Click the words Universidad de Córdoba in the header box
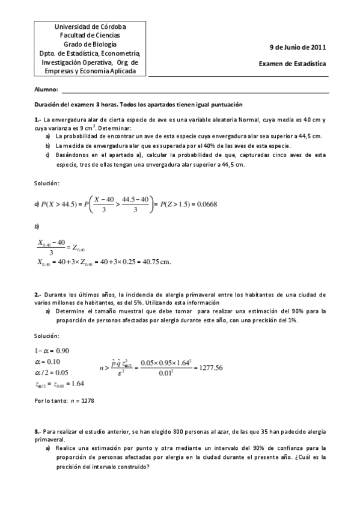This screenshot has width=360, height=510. pyautogui.click(x=90, y=27)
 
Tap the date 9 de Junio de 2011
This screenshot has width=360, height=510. pyautogui.click(x=297, y=47)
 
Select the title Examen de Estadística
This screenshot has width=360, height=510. pyautogui.click(x=293, y=62)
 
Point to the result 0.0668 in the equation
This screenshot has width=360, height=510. pyautogui.click(x=206, y=204)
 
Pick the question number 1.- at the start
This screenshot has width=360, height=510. pyautogui.click(x=37, y=119)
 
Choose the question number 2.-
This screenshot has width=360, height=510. pyautogui.click(x=37, y=294)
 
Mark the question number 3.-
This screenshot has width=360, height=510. pyautogui.click(x=37, y=432)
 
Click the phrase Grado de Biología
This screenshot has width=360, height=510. pyautogui.click(x=90, y=44)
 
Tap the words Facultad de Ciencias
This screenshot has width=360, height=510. pyautogui.click(x=90, y=35)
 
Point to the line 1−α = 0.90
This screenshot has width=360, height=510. pyautogui.click(x=52, y=351)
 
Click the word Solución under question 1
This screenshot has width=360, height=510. pyautogui.click(x=47, y=182)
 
